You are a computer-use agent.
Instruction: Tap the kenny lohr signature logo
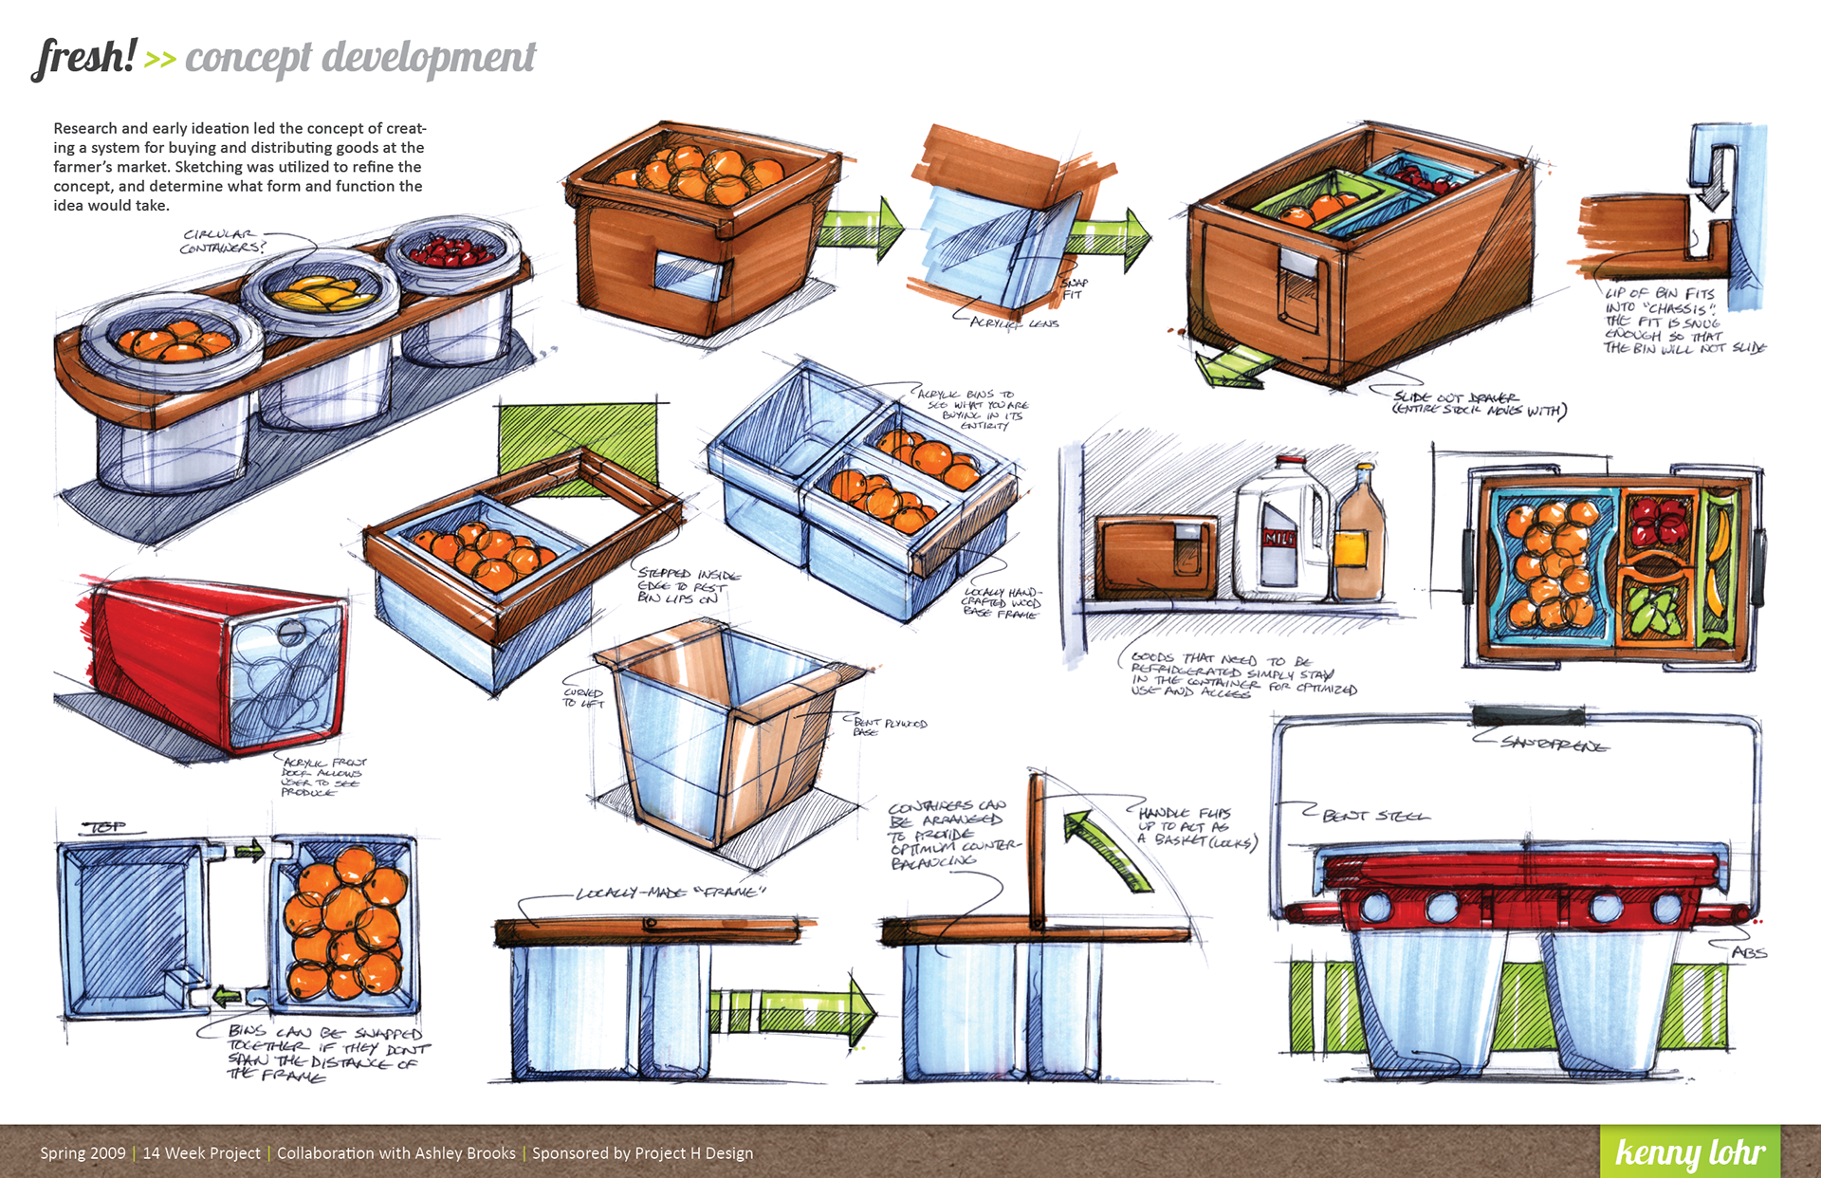tap(1689, 1151)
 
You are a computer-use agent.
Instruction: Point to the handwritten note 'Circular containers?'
tap(224, 241)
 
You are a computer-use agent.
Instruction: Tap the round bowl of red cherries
tap(451, 250)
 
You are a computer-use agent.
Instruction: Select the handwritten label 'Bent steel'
tap(1375, 815)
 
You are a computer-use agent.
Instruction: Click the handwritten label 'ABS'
tap(1749, 952)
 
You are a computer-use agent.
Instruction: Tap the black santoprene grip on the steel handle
tap(1527, 715)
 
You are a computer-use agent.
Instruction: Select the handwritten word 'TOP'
tap(107, 826)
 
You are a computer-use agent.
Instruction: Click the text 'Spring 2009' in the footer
tap(83, 1153)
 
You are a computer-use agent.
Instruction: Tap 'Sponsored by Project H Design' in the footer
tap(642, 1153)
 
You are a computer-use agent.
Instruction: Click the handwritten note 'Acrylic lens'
tap(1014, 323)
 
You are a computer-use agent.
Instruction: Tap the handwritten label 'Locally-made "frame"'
tap(670, 893)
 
